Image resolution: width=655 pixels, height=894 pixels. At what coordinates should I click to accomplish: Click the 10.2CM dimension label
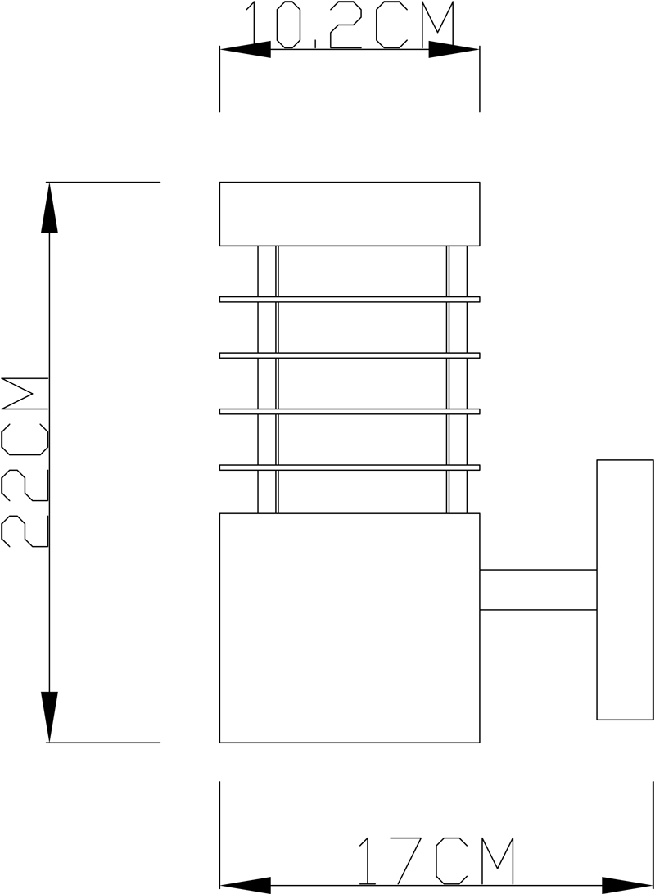click(x=350, y=25)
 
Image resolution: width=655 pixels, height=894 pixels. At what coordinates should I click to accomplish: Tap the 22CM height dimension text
click(x=25, y=462)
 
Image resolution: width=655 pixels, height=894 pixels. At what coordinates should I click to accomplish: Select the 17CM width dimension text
click(x=436, y=861)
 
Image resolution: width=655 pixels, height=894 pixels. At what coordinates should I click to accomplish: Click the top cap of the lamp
click(x=350, y=214)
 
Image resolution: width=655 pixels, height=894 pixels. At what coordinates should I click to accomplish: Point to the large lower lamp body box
click(x=350, y=628)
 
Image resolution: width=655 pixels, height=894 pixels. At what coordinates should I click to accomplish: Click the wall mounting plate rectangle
click(x=625, y=589)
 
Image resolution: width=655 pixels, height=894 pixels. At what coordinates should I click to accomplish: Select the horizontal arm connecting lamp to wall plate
click(x=538, y=589)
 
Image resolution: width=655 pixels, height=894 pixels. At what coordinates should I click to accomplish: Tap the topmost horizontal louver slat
click(x=350, y=300)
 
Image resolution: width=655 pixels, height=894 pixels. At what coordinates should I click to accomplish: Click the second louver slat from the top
click(x=350, y=355)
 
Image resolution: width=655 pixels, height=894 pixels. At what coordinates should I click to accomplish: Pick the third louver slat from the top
click(x=350, y=411)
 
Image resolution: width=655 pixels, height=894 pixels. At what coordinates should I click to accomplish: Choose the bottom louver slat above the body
click(x=350, y=467)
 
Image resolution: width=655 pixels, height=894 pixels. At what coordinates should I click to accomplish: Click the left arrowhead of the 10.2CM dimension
click(x=246, y=50)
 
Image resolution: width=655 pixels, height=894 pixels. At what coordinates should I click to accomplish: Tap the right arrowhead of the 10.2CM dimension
click(x=454, y=50)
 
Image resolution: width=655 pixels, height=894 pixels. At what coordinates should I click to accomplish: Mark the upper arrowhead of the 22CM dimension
click(x=50, y=208)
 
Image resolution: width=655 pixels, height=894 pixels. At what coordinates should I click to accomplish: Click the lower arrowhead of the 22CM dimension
click(x=50, y=716)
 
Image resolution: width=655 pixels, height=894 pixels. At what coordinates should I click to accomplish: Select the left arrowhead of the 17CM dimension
click(x=246, y=886)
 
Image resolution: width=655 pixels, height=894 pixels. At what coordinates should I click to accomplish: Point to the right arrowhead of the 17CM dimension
click(x=628, y=886)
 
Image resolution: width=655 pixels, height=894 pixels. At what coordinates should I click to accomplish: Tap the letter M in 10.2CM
click(x=438, y=25)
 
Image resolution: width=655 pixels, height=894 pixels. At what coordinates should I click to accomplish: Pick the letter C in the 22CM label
click(x=25, y=439)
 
